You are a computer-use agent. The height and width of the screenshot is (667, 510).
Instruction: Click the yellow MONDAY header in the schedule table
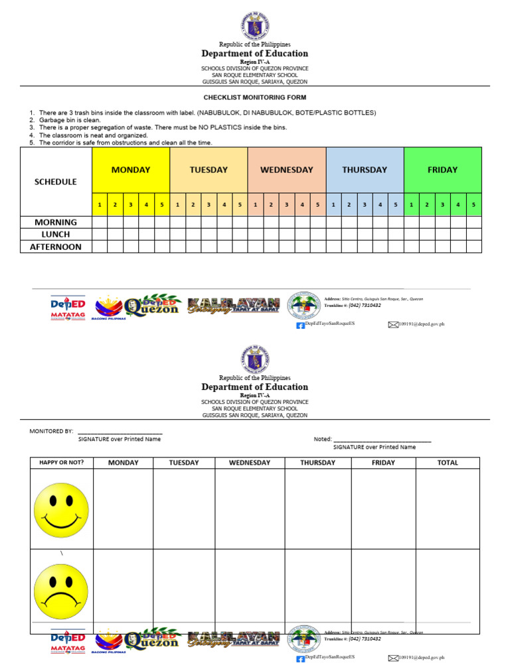[x=130, y=170]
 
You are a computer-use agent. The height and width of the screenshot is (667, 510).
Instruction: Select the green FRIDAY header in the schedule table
[x=442, y=170]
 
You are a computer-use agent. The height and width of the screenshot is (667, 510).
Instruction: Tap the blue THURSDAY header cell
[x=365, y=170]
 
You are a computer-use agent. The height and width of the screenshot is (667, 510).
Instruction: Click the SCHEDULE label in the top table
[x=56, y=182]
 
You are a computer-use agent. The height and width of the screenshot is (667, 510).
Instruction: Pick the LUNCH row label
[x=56, y=234]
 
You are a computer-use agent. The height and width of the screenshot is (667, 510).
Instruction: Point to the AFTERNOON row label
[x=56, y=247]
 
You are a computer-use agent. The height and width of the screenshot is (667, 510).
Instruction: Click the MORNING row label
[x=56, y=222]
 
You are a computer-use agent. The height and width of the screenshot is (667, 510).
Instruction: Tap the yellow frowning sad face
[x=61, y=591]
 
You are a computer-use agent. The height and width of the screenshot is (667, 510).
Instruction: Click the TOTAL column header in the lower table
[x=448, y=463]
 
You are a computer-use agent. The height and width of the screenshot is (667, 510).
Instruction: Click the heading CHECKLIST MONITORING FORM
[x=255, y=97]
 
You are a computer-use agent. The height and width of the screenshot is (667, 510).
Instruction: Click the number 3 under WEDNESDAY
[x=286, y=205]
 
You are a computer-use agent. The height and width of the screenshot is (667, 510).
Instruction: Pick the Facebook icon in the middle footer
[x=299, y=325]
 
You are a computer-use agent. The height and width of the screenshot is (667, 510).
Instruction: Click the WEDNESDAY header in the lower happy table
[x=250, y=463]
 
